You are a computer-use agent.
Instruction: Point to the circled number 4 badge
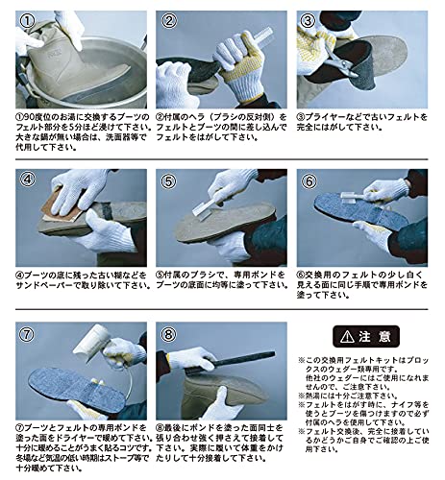click(30, 180)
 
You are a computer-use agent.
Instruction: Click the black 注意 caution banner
click(360, 337)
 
